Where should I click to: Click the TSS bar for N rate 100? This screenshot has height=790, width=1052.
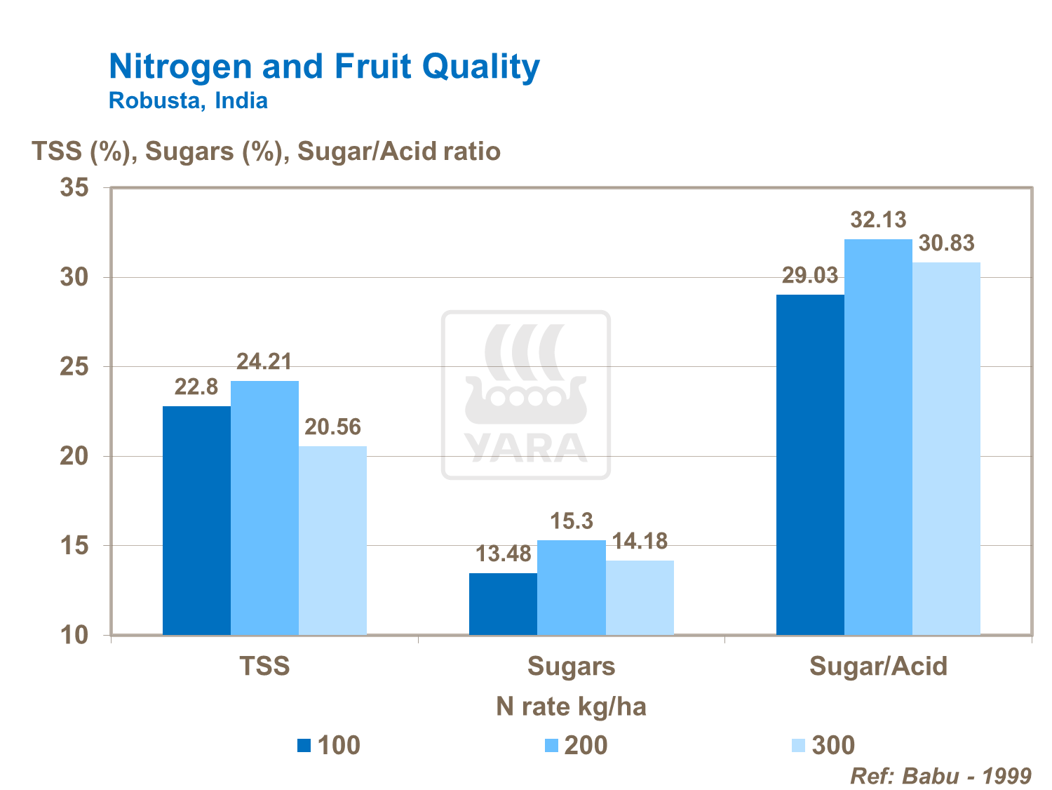tap(196, 521)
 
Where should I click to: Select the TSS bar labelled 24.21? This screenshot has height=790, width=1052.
tap(264, 508)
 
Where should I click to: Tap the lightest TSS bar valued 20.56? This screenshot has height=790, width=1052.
tap(332, 540)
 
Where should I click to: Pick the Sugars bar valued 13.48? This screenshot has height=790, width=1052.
tap(503, 604)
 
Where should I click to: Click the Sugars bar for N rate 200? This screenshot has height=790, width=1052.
tap(572, 587)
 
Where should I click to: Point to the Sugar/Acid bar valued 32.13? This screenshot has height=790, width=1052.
tap(878, 437)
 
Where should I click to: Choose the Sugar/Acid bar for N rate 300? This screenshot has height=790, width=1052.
tap(946, 449)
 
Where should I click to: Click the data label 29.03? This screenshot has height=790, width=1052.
tap(810, 276)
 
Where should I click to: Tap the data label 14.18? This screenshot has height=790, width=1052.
tap(640, 541)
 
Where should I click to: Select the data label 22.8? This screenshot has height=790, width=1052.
tap(196, 387)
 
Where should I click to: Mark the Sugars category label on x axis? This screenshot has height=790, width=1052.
tap(571, 666)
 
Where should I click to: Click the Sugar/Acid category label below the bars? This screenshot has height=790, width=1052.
tap(878, 666)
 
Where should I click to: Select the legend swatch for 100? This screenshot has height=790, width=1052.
tap(304, 746)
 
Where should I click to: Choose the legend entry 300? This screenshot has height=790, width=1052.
tap(833, 745)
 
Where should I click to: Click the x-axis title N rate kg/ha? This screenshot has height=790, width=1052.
tap(571, 707)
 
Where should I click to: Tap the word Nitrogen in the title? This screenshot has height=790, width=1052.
tap(180, 67)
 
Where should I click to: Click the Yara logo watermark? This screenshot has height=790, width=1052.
tap(526, 395)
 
